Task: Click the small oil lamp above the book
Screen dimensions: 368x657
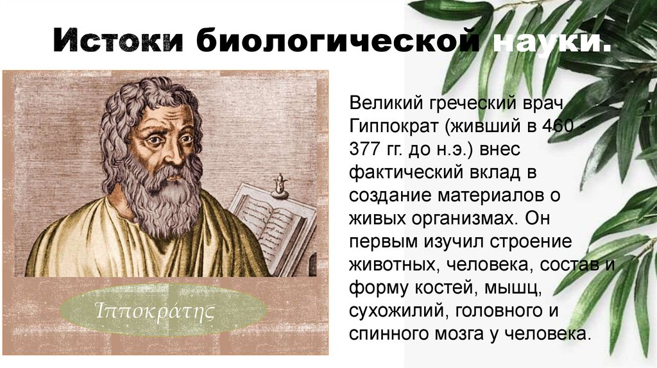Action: (278, 186)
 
